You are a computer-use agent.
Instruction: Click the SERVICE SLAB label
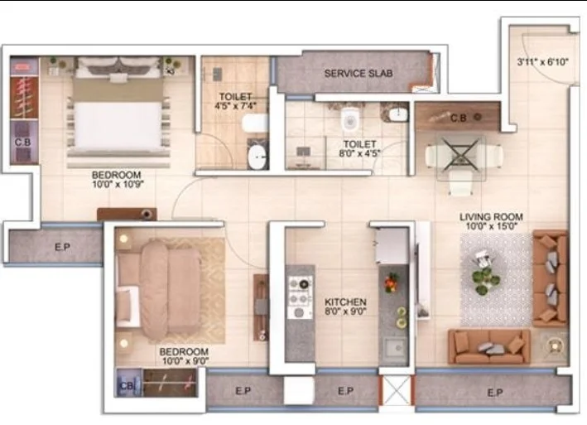(358, 74)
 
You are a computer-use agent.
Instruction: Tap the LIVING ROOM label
(491, 217)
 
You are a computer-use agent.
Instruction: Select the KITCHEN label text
(345, 302)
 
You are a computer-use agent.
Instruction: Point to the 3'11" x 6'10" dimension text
(542, 62)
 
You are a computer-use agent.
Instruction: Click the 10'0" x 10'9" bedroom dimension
(118, 184)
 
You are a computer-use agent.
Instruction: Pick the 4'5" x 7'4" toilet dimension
(235, 105)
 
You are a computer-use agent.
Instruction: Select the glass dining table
(461, 158)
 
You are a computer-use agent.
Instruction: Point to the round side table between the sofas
(555, 346)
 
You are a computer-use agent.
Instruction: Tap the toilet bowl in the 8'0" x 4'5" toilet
(350, 119)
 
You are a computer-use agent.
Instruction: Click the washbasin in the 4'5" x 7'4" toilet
(257, 156)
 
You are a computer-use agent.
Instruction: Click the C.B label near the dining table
(458, 118)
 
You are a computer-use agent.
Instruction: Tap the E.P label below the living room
(495, 393)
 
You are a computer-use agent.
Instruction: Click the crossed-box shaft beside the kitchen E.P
(396, 390)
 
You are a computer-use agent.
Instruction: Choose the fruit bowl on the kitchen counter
(392, 283)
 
